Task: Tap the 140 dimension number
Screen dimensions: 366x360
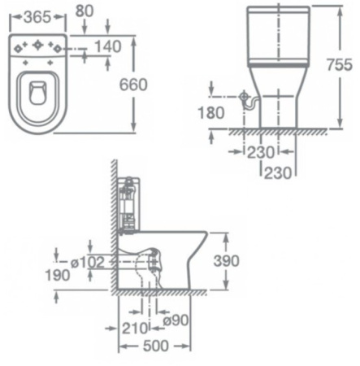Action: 108,46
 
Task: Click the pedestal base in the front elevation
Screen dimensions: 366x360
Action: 275,106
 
